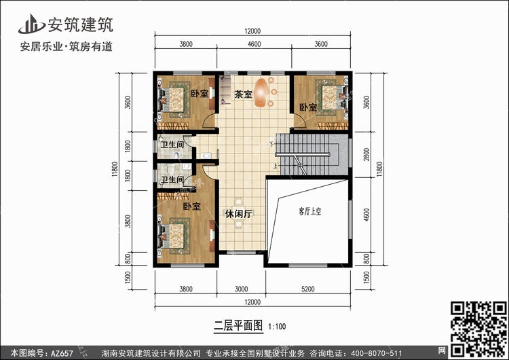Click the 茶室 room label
click(243, 94)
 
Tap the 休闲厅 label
click(239, 214)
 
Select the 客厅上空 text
click(309, 212)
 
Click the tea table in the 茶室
click(262, 92)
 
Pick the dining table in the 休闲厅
click(239, 213)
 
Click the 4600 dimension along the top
click(254, 44)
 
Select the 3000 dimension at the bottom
click(241, 289)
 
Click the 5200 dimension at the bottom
click(307, 289)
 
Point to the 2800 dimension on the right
click(366, 154)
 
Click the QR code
click(479, 329)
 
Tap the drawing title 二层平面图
click(238, 325)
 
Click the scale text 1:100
click(277, 326)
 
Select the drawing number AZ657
click(62, 353)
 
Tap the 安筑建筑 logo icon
click(31, 24)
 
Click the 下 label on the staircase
click(271, 143)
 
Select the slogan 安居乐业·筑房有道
click(67, 46)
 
